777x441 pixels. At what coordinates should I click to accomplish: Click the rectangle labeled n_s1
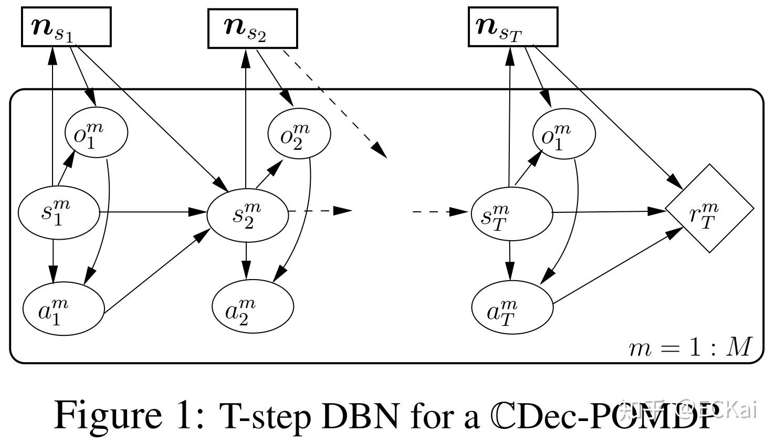(x=66, y=27)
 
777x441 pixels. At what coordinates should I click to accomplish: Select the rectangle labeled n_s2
(x=253, y=28)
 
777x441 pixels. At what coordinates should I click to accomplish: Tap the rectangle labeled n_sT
(x=512, y=27)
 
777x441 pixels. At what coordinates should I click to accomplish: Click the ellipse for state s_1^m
(x=59, y=213)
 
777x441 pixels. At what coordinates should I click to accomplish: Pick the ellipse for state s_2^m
(x=248, y=215)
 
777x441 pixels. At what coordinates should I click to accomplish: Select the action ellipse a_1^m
(x=64, y=309)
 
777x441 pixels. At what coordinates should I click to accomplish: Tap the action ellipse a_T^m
(x=512, y=308)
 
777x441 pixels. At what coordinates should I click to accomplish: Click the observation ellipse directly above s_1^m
(x=96, y=132)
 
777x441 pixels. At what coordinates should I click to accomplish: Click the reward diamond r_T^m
(x=709, y=209)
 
